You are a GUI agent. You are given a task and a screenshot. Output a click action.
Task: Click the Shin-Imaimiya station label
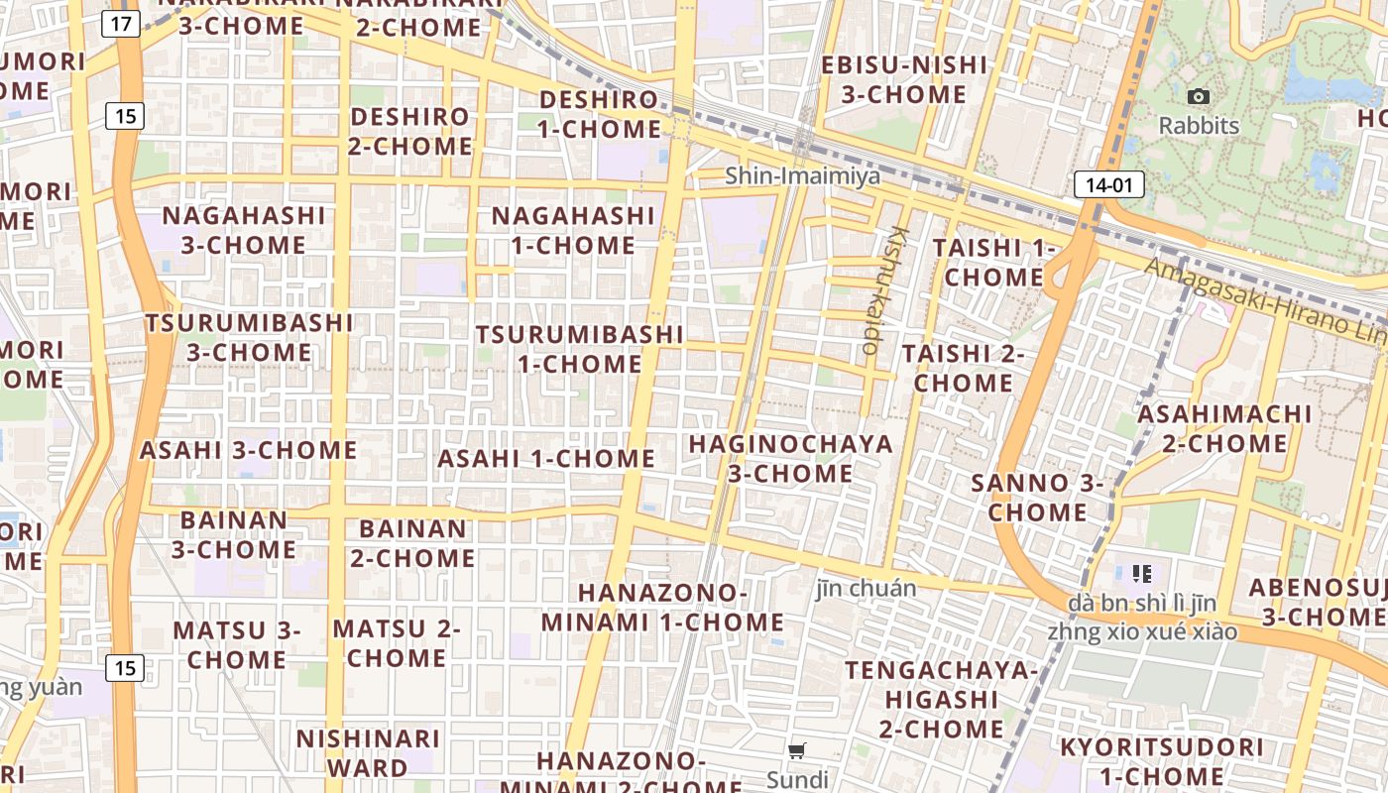[x=802, y=176]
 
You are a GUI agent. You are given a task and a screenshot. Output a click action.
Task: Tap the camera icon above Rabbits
[x=1199, y=96]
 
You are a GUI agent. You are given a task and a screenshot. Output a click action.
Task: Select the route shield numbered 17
[x=120, y=24]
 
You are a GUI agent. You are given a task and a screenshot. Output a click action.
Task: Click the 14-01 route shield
[x=1108, y=184]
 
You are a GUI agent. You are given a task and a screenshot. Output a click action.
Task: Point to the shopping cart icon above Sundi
[x=797, y=750]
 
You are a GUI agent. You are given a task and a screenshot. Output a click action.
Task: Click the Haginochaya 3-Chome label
[x=790, y=458]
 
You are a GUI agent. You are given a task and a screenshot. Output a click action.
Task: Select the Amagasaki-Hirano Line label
[x=1264, y=296]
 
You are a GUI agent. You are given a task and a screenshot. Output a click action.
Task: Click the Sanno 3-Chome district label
[x=1037, y=498]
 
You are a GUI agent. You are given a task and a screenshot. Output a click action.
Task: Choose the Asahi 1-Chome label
[x=546, y=459]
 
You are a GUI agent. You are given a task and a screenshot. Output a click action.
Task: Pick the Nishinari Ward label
[x=368, y=752]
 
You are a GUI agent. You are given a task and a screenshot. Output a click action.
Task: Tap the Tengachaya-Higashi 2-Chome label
[x=941, y=700]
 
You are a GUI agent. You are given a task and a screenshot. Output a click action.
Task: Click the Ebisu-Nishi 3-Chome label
[x=903, y=80]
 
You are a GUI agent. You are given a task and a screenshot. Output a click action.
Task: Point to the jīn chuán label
[x=866, y=588]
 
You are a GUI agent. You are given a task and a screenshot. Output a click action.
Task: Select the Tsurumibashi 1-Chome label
[x=579, y=349]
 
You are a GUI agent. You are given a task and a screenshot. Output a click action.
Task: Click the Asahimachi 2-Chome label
[x=1224, y=428]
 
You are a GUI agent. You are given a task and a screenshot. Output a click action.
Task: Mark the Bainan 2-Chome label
[x=412, y=543]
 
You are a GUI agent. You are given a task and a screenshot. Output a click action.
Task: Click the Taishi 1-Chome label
[x=993, y=262]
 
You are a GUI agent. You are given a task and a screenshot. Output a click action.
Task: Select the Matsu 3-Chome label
[x=236, y=644]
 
